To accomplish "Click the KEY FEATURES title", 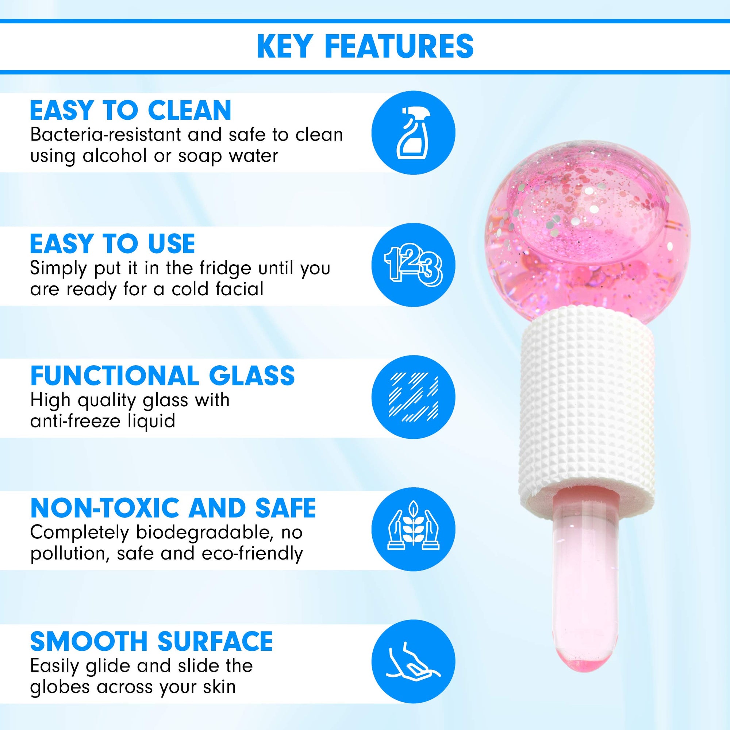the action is point(365,46).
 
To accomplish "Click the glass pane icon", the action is point(414,397).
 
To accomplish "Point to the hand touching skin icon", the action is point(414,661).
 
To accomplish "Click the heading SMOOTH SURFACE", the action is point(151,641).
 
